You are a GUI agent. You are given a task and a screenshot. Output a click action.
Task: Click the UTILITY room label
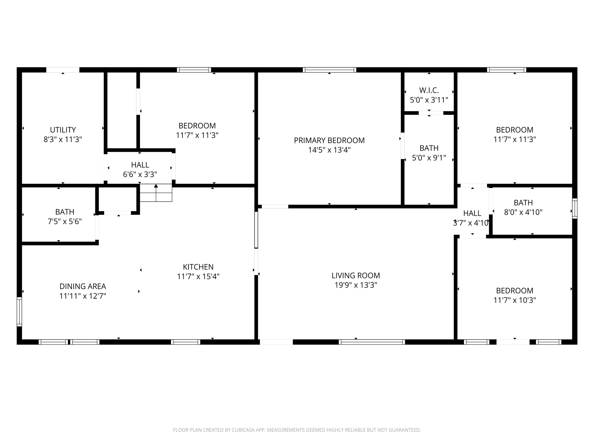[63, 130]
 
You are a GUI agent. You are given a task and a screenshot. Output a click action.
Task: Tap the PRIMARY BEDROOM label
[329, 141]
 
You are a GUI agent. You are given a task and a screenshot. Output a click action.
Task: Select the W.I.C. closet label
[429, 90]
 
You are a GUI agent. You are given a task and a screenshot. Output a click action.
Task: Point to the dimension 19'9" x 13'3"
[356, 285]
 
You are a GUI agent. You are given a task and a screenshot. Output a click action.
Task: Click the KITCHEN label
[198, 267]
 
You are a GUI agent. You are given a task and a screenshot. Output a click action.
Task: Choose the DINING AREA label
[83, 286]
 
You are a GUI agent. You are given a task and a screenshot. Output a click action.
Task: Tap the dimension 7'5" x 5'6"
[65, 222]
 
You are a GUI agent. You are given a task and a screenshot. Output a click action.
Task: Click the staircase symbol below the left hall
[156, 193]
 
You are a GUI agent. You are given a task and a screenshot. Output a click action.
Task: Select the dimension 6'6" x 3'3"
[140, 174]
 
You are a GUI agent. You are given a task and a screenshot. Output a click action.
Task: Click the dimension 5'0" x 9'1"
[429, 158]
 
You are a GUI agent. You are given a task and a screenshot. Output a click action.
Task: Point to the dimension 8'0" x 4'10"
[523, 212]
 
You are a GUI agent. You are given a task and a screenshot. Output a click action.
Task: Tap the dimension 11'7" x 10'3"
[515, 300]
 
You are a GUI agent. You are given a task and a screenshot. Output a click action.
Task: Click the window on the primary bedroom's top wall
[329, 70]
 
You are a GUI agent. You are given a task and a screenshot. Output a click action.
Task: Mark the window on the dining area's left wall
[19, 312]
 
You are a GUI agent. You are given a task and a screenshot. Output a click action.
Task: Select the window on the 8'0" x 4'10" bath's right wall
[575, 208]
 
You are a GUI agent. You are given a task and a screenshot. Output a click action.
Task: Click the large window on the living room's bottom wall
[372, 342]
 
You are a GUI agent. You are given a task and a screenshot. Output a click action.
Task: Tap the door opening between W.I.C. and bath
[431, 113]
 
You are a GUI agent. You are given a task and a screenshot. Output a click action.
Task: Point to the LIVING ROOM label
[356, 276]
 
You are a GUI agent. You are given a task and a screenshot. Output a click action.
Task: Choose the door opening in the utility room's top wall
[63, 70]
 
